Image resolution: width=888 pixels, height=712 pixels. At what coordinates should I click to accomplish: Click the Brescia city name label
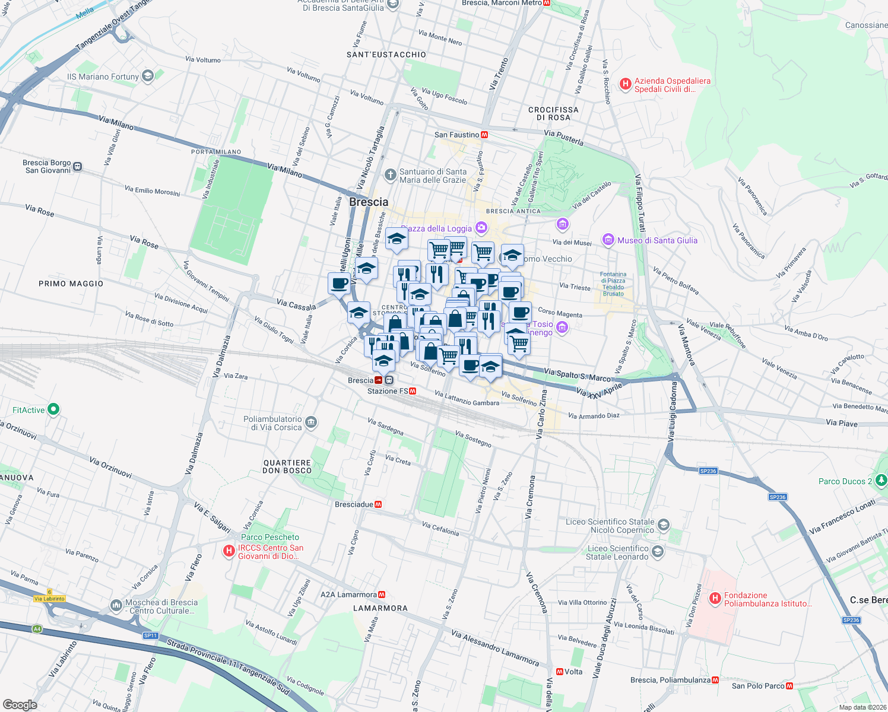369,202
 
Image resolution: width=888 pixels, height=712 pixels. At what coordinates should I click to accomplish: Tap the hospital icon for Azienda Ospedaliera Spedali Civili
625,84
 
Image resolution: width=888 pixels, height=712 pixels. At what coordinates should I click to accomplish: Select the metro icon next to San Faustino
484,135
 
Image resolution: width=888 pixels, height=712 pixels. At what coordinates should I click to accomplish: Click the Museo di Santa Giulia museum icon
608,240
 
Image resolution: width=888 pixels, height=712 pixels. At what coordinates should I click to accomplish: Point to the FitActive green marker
53,409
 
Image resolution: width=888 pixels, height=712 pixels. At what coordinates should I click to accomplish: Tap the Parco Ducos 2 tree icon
881,480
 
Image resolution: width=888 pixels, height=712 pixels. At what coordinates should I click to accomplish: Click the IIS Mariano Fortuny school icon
148,76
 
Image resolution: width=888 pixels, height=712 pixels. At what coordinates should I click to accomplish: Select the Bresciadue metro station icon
378,504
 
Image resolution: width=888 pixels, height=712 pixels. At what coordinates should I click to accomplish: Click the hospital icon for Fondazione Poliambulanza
715,598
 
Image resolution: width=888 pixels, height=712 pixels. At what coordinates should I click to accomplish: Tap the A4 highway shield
37,629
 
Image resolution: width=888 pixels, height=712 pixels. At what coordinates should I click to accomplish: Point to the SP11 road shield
151,635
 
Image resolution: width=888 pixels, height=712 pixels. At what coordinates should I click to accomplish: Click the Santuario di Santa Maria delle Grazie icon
390,174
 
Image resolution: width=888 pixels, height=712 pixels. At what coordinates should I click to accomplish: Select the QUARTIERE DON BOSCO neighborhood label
287,466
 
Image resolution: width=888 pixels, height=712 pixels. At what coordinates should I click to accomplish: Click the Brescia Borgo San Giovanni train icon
78,167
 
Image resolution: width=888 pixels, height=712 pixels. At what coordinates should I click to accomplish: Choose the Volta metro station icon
560,672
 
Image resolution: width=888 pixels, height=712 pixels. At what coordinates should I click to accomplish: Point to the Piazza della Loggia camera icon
481,228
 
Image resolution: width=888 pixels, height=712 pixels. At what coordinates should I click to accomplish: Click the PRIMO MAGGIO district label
71,284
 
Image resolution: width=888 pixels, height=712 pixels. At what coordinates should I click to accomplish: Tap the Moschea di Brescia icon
116,606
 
